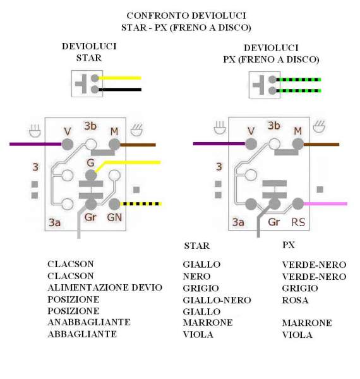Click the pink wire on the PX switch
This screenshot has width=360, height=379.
coord(325,204)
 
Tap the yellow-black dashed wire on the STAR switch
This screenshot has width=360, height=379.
coord(141,204)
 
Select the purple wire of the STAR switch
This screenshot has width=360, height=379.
coord(35,144)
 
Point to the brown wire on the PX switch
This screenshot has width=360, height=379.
coord(321,144)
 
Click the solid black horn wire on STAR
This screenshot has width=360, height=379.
coord(120,90)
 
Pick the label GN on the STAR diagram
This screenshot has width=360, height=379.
coord(114,217)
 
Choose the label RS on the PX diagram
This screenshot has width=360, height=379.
coord(298,222)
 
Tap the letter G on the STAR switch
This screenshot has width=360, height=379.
coord(90,163)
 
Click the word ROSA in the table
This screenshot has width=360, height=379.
coord(295,300)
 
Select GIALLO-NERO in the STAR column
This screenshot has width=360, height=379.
coord(217,300)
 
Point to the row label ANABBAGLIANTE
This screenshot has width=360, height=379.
coord(89,322)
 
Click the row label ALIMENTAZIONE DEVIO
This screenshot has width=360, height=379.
coord(105,287)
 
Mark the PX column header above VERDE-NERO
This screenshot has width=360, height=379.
coord(289,245)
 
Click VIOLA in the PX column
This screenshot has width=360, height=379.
coord(297,335)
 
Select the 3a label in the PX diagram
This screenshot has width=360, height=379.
coord(238,222)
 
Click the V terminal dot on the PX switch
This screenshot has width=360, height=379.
coord(251,144)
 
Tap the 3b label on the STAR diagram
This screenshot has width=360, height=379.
coord(90,126)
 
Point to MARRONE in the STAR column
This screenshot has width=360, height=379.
coord(208,323)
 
